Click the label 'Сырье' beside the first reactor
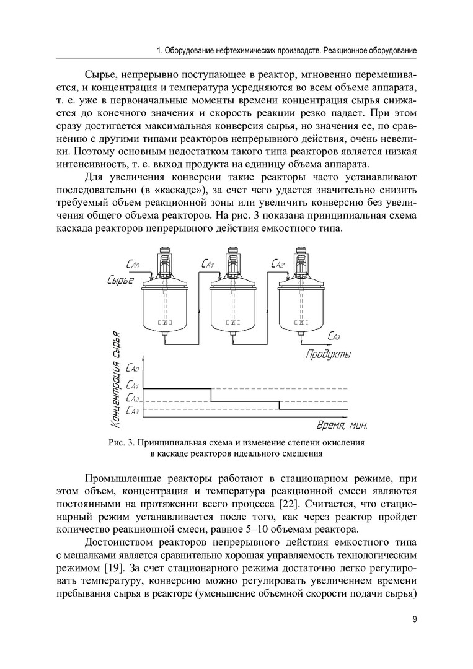tap(120, 282)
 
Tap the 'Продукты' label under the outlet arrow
tap(328, 355)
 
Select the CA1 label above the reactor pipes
tap(208, 265)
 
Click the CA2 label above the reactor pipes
tap(278, 265)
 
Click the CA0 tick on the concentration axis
tap(132, 370)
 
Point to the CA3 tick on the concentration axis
tap(132, 410)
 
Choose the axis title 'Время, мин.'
tap(342, 426)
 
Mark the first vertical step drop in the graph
tap(211, 395)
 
